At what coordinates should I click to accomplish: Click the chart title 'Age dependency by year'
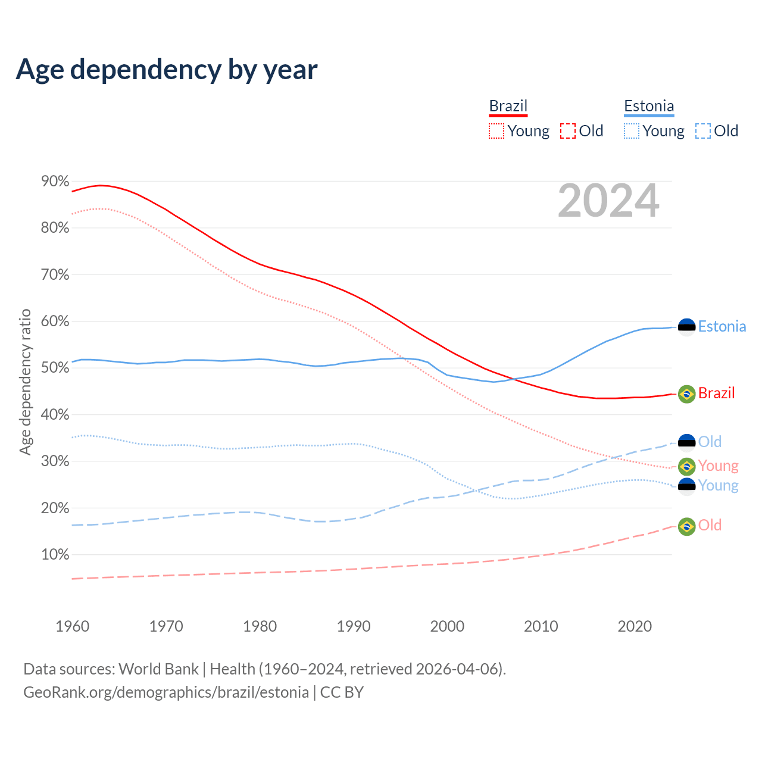pos(167,70)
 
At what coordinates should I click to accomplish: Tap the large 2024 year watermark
pos(608,201)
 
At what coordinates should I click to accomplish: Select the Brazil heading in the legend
pos(508,106)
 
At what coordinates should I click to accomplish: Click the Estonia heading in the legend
pos(649,106)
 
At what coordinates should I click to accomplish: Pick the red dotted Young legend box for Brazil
pos(496,131)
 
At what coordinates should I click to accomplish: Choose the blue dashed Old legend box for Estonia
pos(703,131)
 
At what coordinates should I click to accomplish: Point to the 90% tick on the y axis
pos(55,181)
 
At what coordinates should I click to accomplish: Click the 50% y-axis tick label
pos(55,368)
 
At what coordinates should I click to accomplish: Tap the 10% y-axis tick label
pos(55,555)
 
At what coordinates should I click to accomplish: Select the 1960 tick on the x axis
pos(72,626)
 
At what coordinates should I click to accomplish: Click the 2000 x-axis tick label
pos(447,626)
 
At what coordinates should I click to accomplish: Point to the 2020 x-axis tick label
pos(635,626)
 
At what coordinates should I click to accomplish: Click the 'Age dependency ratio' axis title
pos(25,382)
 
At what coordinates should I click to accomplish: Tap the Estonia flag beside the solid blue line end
pos(687,327)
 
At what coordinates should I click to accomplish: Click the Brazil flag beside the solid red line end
pos(687,394)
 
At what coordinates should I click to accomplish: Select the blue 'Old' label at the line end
pos(710,442)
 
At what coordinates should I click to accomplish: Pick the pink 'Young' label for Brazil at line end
pos(718,466)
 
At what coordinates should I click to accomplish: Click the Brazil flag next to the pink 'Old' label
pos(687,526)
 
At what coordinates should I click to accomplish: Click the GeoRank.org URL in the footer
pos(166,692)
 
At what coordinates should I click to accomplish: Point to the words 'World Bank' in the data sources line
pos(158,669)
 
